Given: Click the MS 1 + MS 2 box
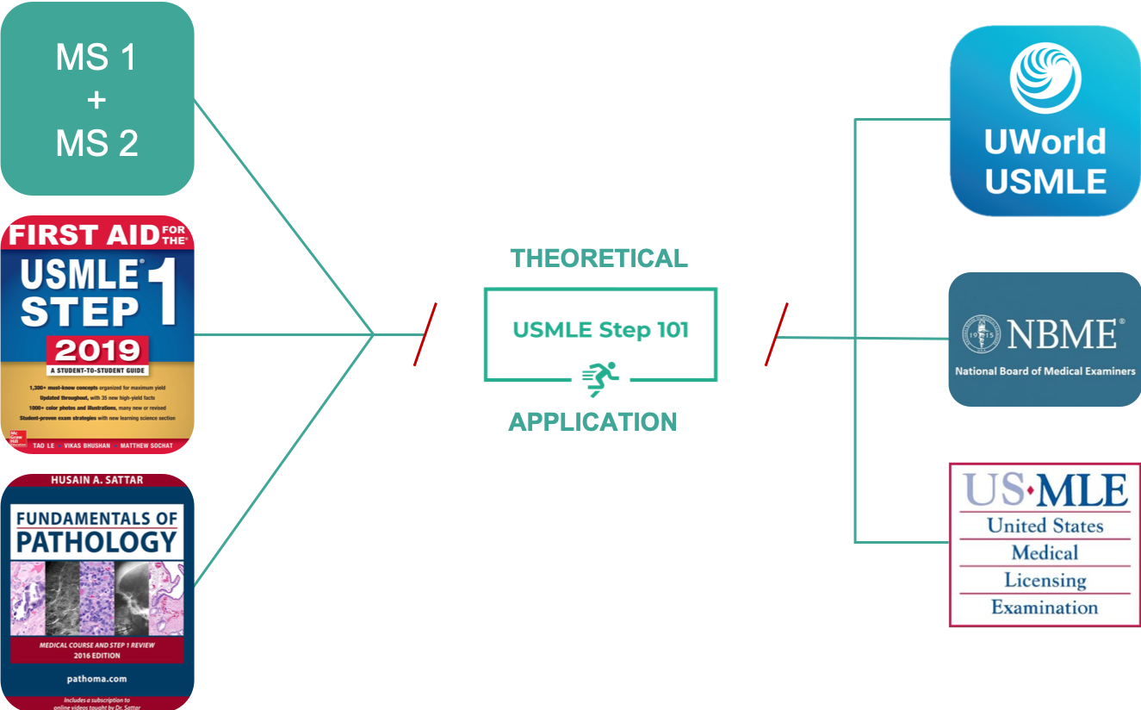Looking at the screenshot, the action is tap(96, 99).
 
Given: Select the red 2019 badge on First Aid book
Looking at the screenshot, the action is tap(96, 351).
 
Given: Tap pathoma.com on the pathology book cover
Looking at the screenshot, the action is tap(96, 678).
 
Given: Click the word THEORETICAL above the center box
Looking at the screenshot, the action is tap(599, 258).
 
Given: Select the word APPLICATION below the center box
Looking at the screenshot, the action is tap(592, 421).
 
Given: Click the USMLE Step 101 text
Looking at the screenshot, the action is tap(600, 330).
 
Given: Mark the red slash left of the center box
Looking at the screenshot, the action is tap(425, 334).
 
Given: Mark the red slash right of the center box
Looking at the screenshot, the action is tap(776, 334).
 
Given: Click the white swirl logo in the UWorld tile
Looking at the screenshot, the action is tap(1045, 78).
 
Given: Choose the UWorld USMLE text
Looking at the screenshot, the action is tap(1045, 162).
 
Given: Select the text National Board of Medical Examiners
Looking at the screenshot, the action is tap(1045, 371).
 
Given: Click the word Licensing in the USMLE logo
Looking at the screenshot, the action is tap(1045, 580).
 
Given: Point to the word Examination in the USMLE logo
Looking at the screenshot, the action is tap(1045, 607).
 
